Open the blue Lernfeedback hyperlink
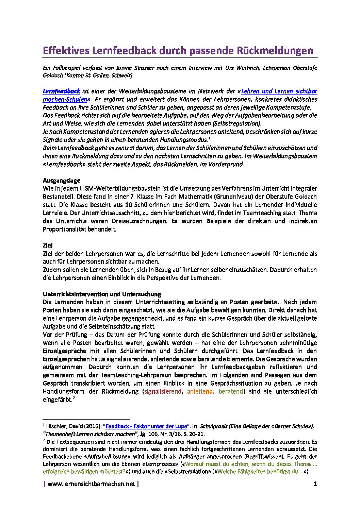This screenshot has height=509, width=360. (x=61, y=91)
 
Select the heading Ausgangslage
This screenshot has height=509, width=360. (x=62, y=180)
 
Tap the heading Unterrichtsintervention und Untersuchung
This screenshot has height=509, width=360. (x=102, y=294)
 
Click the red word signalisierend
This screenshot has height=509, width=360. (x=163, y=391)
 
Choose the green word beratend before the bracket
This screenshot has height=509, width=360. (x=231, y=391)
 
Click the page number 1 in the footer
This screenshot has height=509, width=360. (x=315, y=484)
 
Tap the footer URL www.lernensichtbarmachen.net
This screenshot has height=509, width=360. (x=91, y=484)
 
